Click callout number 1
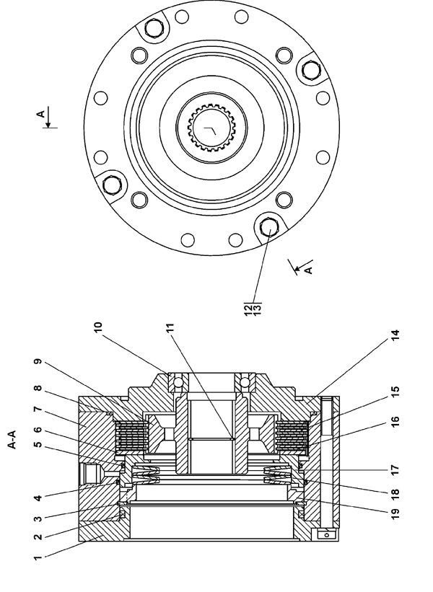click(38, 557)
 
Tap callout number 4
click(38, 498)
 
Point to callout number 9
click(38, 362)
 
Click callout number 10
click(98, 327)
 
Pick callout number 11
click(170, 327)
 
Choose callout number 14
click(395, 335)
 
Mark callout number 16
click(395, 421)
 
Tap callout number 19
click(395, 514)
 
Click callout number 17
click(395, 470)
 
